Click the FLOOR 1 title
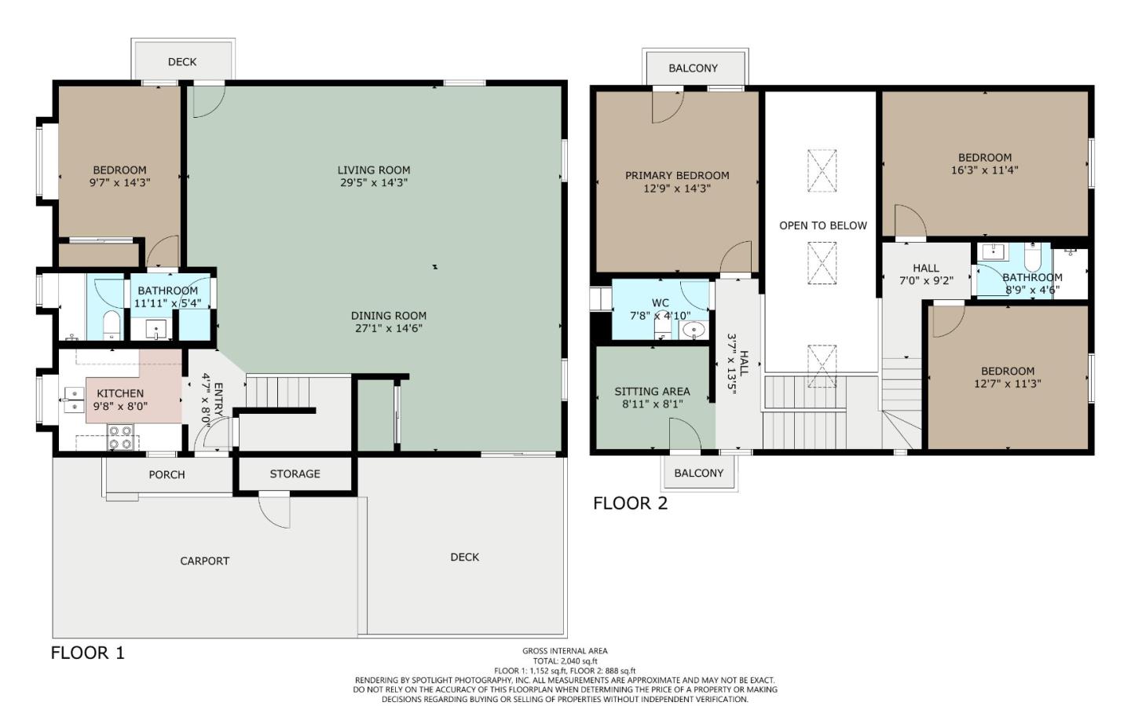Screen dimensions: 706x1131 click(87, 653)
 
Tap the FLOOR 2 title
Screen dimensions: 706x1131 click(630, 503)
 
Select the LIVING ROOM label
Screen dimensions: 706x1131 click(374, 170)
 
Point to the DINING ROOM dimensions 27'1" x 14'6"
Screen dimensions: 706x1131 click(389, 328)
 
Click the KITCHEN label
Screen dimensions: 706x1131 click(120, 393)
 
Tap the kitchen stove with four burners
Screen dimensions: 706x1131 click(119, 437)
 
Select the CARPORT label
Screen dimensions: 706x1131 click(205, 561)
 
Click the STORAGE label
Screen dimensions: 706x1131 click(295, 474)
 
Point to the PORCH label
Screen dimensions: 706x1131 click(167, 474)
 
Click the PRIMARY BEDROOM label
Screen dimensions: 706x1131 click(677, 175)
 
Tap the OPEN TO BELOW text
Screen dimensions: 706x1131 click(823, 225)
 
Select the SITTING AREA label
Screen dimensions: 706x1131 click(652, 391)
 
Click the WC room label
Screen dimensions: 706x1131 click(661, 302)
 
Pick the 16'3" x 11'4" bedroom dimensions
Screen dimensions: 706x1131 click(984, 170)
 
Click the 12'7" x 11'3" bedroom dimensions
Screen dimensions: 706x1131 click(1007, 383)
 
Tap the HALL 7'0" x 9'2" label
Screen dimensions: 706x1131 click(926, 274)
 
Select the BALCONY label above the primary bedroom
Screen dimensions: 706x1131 click(693, 68)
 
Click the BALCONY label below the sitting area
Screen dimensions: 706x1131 click(698, 473)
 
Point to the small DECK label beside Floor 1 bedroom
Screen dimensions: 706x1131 click(182, 62)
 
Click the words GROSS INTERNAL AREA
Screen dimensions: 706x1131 click(565, 650)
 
